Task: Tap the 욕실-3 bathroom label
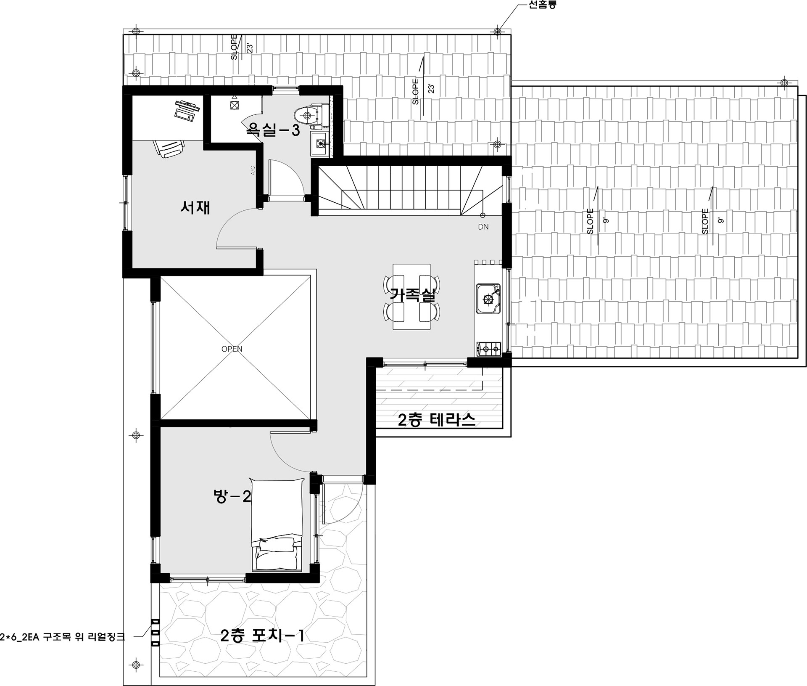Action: point(273,130)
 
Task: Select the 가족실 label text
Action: point(412,294)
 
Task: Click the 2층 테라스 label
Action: point(437,420)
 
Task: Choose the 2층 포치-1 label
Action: point(262,636)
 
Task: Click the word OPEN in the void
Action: point(232,349)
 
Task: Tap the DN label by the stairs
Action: point(483,227)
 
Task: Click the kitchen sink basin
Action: point(488,299)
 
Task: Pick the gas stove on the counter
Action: point(489,349)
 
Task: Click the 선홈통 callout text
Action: point(542,5)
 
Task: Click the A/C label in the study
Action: point(253,170)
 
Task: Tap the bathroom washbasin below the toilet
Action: point(320,143)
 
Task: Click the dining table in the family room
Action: point(411,297)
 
